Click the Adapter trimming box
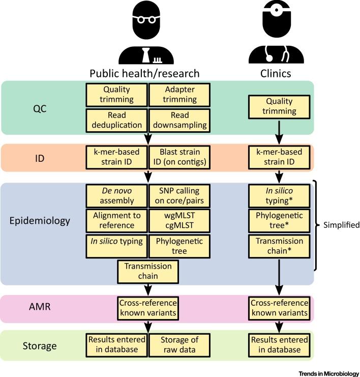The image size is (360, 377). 173,94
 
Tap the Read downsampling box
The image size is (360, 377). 173,120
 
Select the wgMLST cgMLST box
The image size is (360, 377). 173,221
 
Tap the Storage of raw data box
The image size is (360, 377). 173,344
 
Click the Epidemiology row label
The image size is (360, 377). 40,222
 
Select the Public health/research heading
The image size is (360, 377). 144,73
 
